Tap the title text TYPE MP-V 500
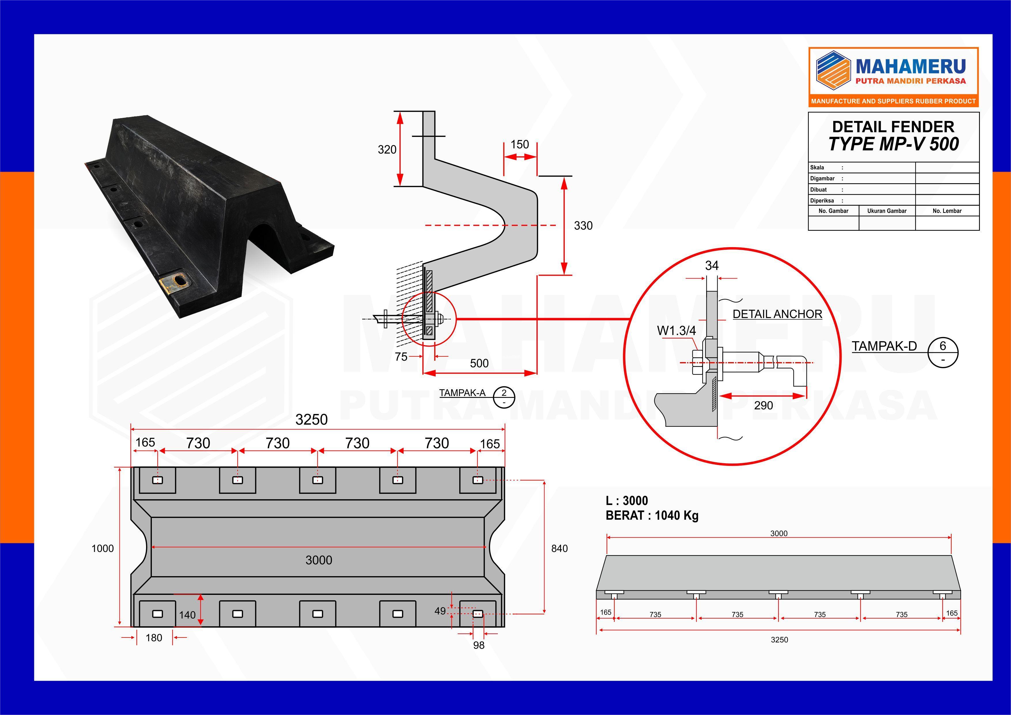(893, 144)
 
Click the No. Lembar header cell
(947, 211)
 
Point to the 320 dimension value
(387, 150)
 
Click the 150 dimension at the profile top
(519, 144)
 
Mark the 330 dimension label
(583, 226)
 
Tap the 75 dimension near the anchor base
(401, 357)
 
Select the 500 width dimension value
(479, 363)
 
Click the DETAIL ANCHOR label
(777, 314)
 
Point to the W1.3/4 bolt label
(676, 331)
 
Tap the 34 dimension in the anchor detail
(712, 266)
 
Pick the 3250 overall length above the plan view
(311, 419)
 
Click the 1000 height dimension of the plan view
(103, 548)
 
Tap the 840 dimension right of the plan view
(559, 548)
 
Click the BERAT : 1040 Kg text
(652, 516)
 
